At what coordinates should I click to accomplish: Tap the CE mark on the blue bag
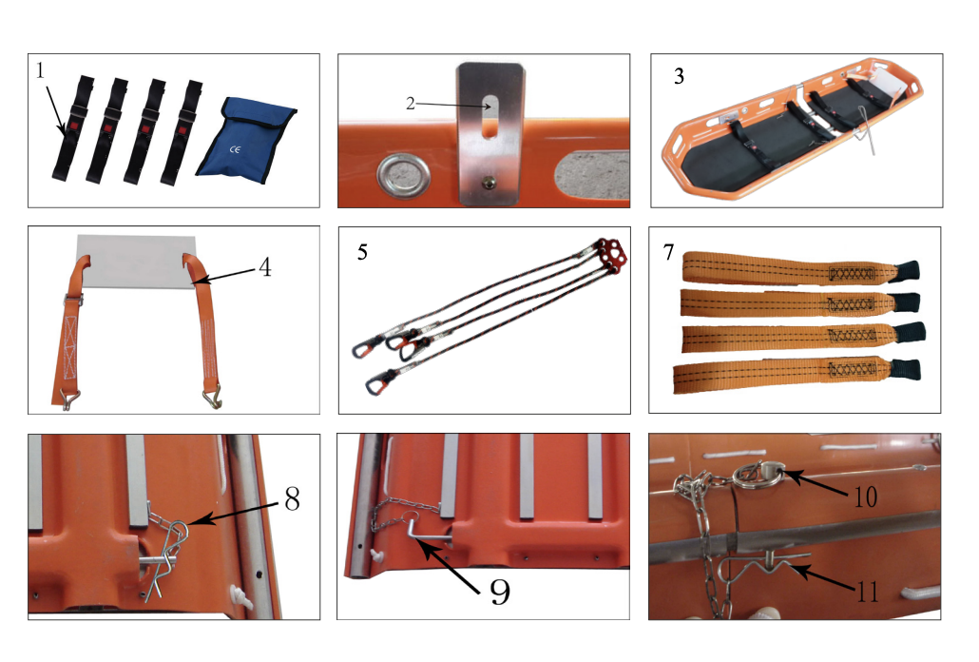point(235,150)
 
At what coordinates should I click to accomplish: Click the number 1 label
point(41,70)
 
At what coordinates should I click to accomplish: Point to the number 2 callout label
point(411,103)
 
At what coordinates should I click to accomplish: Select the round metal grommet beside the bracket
point(403,174)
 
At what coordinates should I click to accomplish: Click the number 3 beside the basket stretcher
point(680,76)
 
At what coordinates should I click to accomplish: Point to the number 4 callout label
point(265,267)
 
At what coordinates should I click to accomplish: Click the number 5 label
point(362,252)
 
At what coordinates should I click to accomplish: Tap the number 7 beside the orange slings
point(669,252)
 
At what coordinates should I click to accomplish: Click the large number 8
point(292,498)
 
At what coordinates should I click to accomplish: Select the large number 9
point(500,591)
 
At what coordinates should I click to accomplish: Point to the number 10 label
point(865,497)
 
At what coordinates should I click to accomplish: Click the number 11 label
point(867,592)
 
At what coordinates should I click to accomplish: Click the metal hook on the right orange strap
point(212,398)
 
